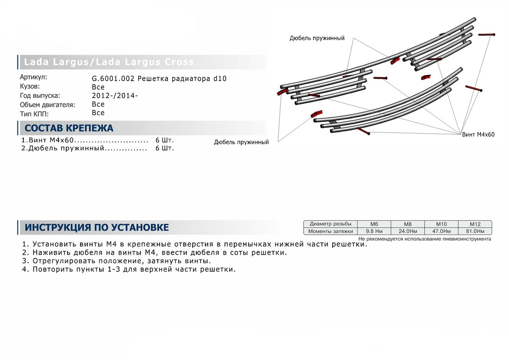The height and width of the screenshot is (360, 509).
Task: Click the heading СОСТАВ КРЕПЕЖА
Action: pyautogui.click(x=69, y=128)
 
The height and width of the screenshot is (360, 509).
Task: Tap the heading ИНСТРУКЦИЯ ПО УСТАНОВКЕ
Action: pyautogui.click(x=97, y=228)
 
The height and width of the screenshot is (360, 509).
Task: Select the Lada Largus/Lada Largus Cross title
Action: pyautogui.click(x=109, y=62)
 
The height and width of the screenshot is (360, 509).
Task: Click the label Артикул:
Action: pyautogui.click(x=34, y=77)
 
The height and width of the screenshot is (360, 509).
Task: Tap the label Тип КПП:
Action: pyautogui.click(x=34, y=113)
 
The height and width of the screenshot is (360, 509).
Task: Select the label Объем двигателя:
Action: pyautogui.click(x=47, y=104)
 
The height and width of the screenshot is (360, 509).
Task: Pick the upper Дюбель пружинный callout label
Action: pyautogui.click(x=317, y=38)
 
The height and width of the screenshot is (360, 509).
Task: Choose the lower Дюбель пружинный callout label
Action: pyautogui.click(x=242, y=142)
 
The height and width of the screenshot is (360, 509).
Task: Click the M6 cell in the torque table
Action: pyautogui.click(x=374, y=224)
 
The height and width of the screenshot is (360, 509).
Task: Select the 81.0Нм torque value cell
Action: pyautogui.click(x=475, y=231)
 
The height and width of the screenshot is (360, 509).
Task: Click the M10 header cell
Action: pyautogui.click(x=441, y=224)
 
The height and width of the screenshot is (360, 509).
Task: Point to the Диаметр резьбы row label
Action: pyautogui.click(x=330, y=224)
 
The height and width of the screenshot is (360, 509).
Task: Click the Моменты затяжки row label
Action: pyautogui.click(x=330, y=231)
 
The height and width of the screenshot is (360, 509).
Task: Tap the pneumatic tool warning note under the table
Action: pyautogui.click(x=425, y=239)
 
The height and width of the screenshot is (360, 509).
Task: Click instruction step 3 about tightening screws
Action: pyautogui.click(x=115, y=261)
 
